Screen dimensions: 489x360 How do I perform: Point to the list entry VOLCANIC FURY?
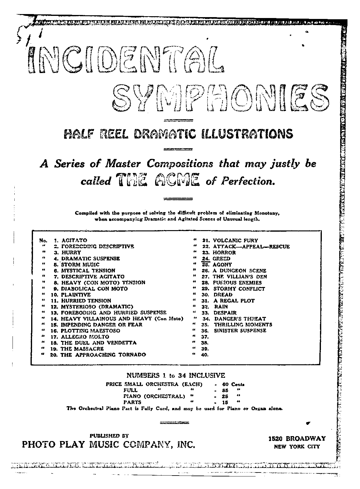(235, 241)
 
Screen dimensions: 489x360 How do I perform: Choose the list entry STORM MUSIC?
(80, 264)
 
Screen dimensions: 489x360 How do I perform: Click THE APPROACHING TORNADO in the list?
(103, 355)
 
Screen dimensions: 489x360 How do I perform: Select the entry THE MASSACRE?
(82, 349)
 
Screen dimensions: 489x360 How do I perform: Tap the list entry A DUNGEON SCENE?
(239, 270)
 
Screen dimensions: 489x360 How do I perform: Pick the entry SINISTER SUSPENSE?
(240, 330)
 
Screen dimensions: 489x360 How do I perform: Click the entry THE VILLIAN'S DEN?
(240, 277)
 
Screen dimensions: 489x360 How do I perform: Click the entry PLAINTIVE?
(76, 295)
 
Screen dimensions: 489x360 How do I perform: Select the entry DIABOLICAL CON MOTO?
(94, 289)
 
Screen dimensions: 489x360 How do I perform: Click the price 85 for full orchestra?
(226, 390)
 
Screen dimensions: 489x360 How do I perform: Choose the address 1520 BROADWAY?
(297, 438)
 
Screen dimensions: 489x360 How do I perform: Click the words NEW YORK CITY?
(297, 447)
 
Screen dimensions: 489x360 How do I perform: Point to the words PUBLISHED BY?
(109, 436)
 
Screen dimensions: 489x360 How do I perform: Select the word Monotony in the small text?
(265, 213)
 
